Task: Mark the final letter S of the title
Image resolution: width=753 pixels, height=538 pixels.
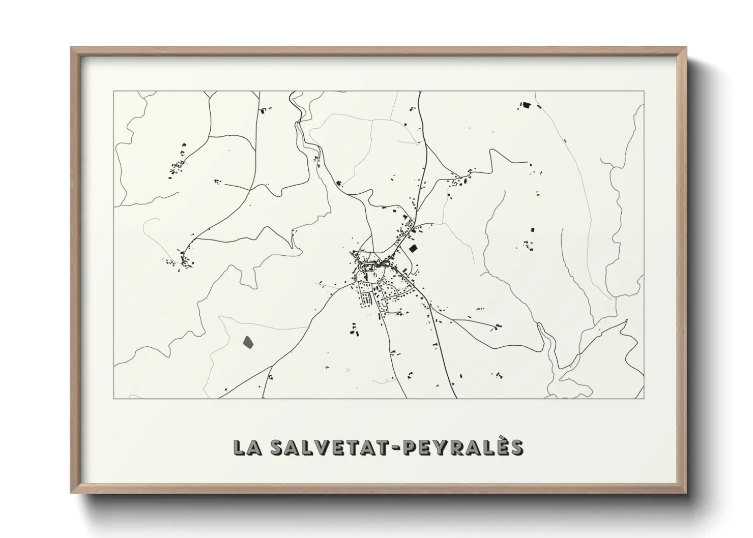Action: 516,447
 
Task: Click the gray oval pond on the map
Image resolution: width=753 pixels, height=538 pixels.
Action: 248,342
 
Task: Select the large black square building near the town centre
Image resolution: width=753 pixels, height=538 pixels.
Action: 413,249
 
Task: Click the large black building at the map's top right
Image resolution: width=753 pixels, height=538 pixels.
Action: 526,106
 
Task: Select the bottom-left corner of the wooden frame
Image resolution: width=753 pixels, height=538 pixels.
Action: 72,492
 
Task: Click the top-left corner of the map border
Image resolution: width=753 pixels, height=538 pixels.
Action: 113,92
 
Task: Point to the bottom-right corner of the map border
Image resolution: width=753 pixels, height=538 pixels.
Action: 644,398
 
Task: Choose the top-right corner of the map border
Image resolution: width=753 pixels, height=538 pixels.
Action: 644,92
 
